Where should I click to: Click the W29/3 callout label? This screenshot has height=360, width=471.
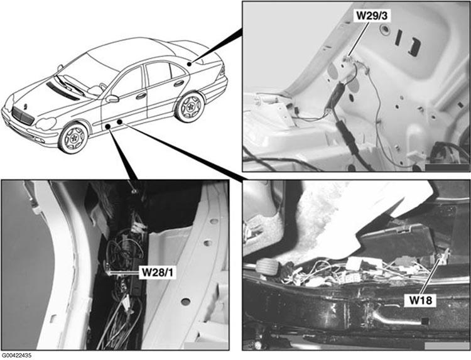coord(372,16)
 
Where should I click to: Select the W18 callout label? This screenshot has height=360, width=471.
coord(420,300)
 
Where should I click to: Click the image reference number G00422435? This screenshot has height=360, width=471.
coord(16,356)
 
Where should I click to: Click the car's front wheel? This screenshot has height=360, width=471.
coord(73,138)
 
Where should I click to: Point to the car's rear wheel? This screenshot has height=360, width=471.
coord(189,106)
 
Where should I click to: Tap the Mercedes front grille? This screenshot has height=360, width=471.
coord(23,116)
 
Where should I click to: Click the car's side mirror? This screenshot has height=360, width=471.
coord(112,98)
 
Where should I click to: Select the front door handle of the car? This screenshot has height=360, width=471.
coord(141,96)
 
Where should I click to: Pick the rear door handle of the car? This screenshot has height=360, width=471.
coord(178,83)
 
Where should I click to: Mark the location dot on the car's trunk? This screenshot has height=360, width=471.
coord(189,63)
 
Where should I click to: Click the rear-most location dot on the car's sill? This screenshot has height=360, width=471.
coord(119,121)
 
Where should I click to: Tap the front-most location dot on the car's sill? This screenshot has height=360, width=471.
coord(108,126)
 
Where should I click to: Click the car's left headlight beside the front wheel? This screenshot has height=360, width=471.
coord(46,124)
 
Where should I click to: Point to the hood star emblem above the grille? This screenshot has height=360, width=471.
coord(24,106)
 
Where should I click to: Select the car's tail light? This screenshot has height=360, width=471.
coord(222,71)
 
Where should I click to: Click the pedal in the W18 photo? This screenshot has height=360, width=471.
coord(268,266)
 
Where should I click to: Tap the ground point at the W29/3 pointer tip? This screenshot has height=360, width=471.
coord(348,56)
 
